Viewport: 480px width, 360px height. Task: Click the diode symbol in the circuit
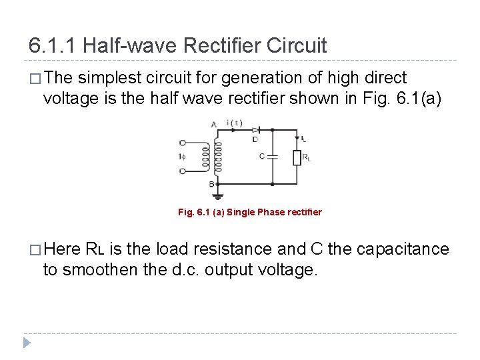255,130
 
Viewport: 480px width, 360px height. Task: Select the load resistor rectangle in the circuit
297,157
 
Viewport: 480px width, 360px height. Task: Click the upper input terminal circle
183,143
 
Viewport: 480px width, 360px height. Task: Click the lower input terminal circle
183,171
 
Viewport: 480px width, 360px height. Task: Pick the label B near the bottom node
211,183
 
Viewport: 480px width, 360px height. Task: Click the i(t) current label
235,123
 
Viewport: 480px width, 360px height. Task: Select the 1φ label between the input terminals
181,157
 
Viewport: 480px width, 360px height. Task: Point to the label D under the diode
255,139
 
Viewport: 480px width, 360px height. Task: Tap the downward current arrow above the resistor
297,138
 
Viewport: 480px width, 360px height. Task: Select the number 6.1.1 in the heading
53,46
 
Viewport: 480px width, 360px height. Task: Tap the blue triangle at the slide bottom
27,344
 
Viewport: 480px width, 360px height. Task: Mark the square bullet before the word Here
33,250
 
